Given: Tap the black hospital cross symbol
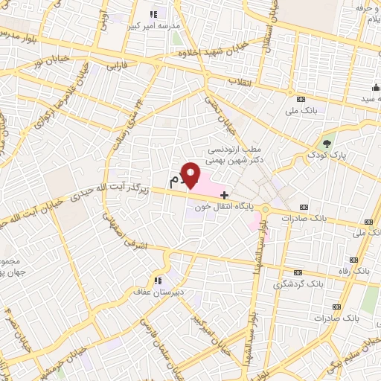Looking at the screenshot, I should (x=225, y=195).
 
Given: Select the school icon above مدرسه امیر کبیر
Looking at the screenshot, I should (x=153, y=13).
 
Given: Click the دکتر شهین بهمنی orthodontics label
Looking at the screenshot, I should (x=238, y=159).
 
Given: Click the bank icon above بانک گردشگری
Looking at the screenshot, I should (x=298, y=272).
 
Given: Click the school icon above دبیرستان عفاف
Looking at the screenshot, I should (x=157, y=281).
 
